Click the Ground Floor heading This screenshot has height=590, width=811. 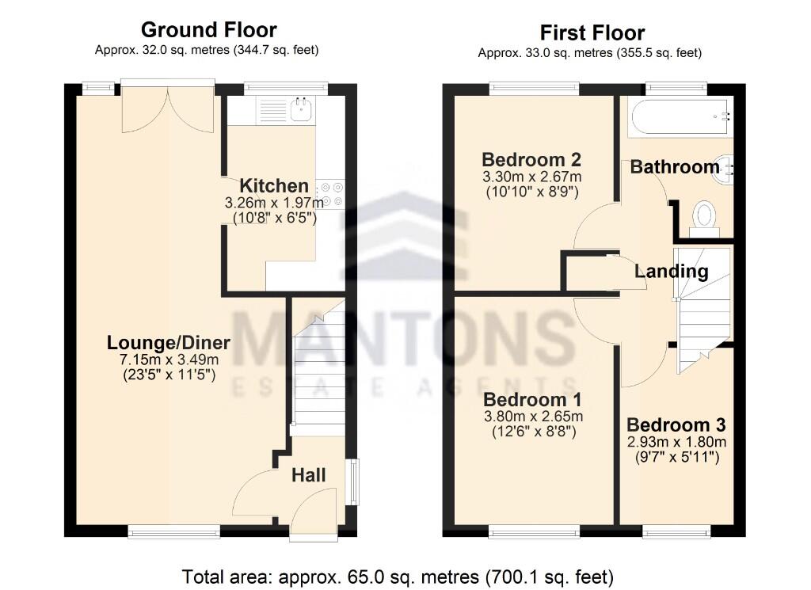(x=208, y=30)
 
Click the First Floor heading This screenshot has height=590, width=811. (x=592, y=32)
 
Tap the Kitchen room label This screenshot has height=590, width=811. (x=274, y=186)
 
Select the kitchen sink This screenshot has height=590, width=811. (x=300, y=109)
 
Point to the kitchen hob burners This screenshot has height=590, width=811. (x=330, y=195)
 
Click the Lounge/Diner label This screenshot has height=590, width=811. (x=169, y=343)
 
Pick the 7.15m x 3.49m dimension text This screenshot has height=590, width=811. (x=169, y=360)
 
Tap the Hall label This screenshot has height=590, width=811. (x=308, y=475)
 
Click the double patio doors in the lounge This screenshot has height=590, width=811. (x=168, y=107)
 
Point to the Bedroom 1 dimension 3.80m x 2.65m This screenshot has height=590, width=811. (x=533, y=416)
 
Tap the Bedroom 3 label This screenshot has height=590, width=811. (x=676, y=424)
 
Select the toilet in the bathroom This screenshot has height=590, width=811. (x=704, y=217)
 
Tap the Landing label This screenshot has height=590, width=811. (x=672, y=272)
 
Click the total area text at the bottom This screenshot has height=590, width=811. (x=398, y=576)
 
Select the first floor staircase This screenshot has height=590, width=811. (x=702, y=313)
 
